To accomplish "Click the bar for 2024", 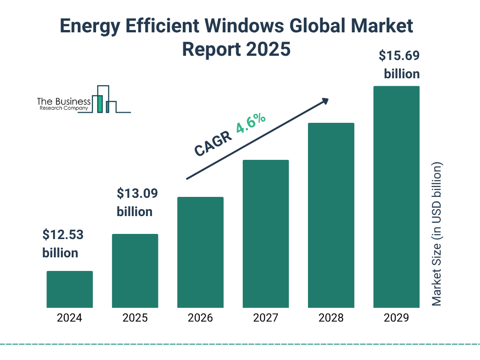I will pyautogui.click(x=69, y=289).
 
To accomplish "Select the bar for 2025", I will pyautogui.click(x=135, y=271).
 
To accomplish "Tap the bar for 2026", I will pyautogui.click(x=200, y=252).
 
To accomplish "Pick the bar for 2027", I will pyautogui.click(x=266, y=234).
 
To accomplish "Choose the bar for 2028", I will pyautogui.click(x=331, y=215).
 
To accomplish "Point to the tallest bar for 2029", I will pyautogui.click(x=396, y=197).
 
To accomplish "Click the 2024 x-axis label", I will pyautogui.click(x=69, y=318).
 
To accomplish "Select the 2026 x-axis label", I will pyautogui.click(x=200, y=318).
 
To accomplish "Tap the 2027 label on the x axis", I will pyautogui.click(x=266, y=318).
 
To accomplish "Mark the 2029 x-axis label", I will pyautogui.click(x=396, y=318).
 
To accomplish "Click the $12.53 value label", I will pyautogui.click(x=63, y=235).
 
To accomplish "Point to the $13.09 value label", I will pyautogui.click(x=137, y=193).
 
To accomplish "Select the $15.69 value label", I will pyautogui.click(x=399, y=56).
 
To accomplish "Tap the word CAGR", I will pyautogui.click(x=212, y=143).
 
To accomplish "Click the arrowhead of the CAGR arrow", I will pyautogui.click(x=325, y=101).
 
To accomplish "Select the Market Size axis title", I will pyautogui.click(x=437, y=234).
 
